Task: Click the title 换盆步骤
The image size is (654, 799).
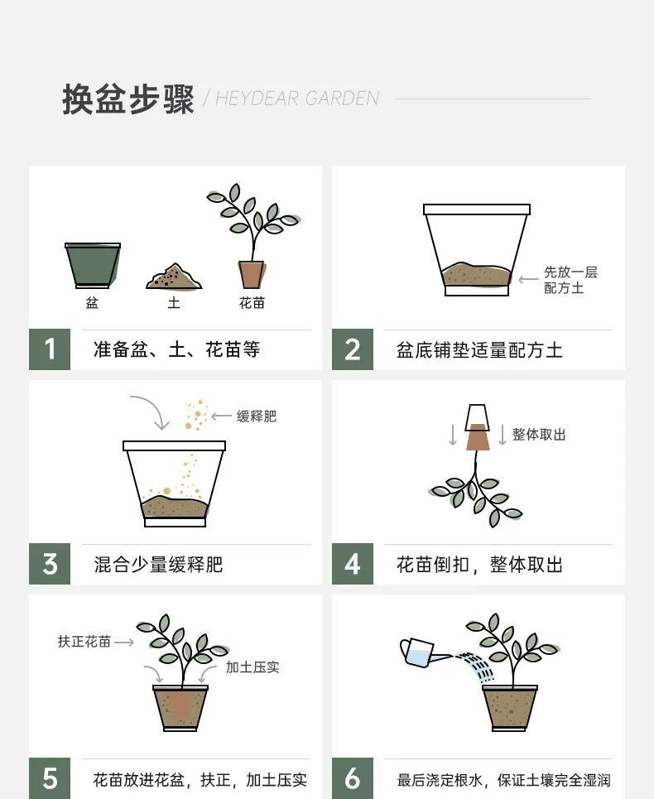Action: click(127, 99)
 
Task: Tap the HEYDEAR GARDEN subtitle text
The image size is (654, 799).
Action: click(297, 99)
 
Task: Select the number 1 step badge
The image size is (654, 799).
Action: click(50, 349)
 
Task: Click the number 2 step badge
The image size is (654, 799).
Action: click(353, 349)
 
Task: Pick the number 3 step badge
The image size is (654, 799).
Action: click(50, 564)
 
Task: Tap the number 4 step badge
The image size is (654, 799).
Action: click(353, 564)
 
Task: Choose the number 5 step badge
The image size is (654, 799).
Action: click(50, 778)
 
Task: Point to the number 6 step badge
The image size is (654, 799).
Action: click(353, 778)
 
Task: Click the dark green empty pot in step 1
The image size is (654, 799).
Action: click(93, 265)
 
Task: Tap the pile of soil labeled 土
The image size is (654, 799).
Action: click(174, 277)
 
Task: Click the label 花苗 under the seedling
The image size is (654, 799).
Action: click(252, 303)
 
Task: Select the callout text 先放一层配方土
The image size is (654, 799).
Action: click(570, 280)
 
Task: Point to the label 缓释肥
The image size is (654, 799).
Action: click(257, 416)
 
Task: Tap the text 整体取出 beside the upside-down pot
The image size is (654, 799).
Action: click(539, 435)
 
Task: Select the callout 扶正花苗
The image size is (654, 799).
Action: click(84, 642)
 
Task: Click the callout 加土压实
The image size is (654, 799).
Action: click(252, 667)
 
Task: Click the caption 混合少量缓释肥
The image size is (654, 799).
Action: click(158, 565)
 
